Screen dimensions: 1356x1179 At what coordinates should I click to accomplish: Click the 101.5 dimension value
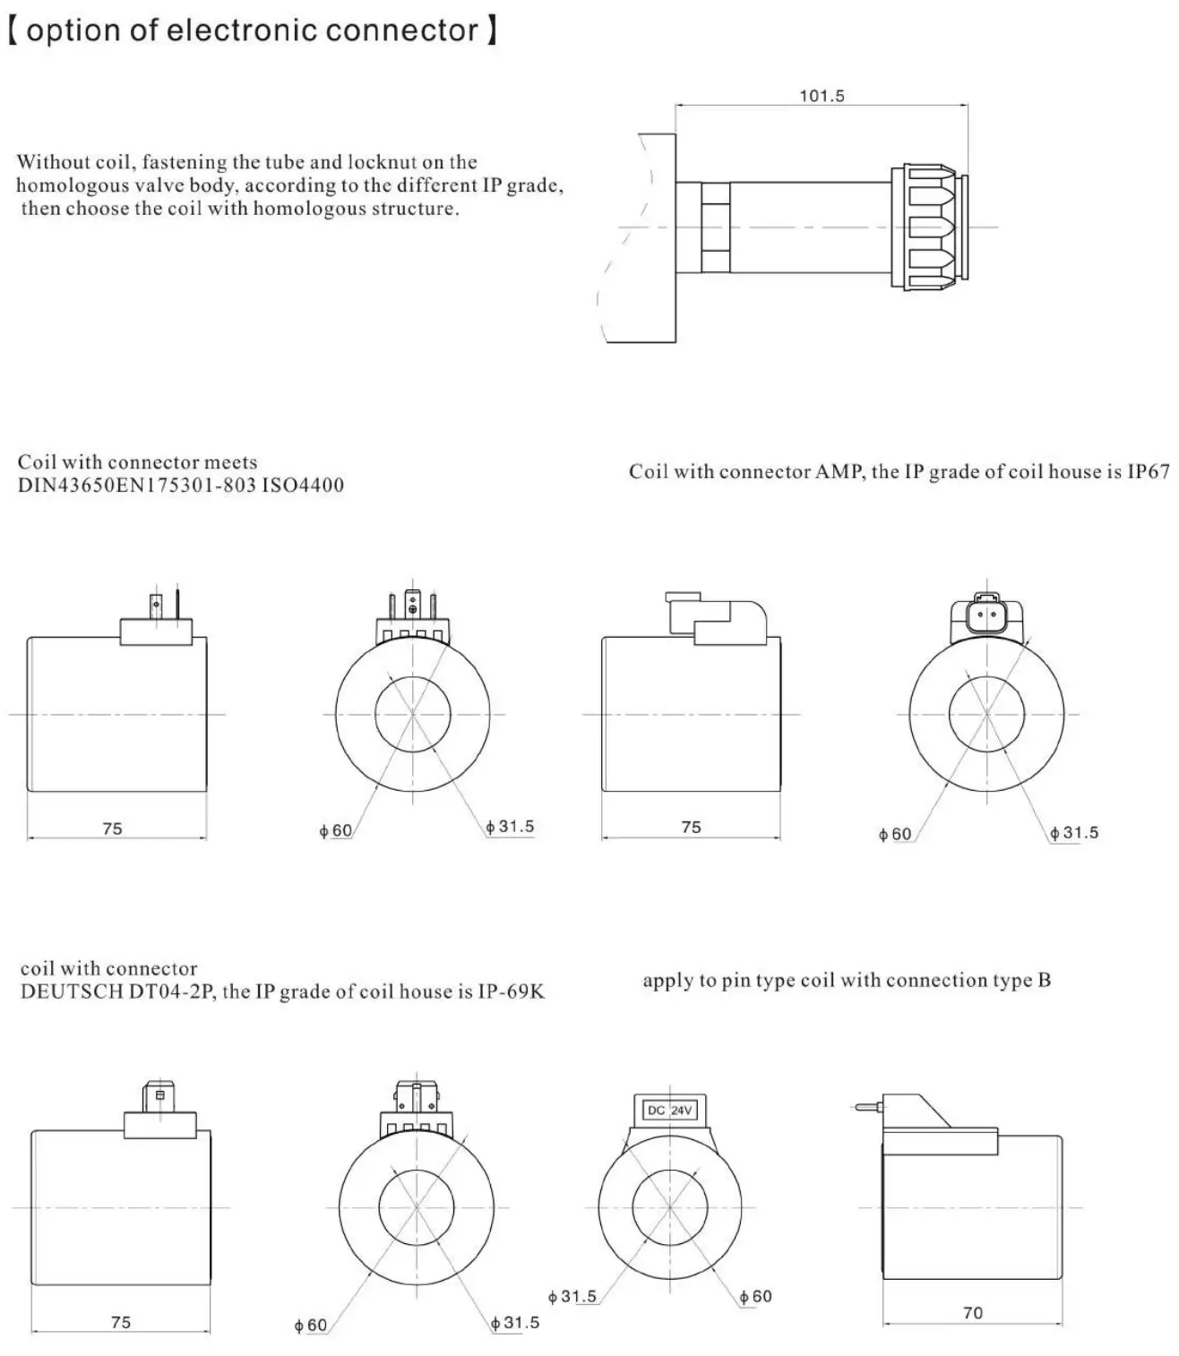(x=822, y=96)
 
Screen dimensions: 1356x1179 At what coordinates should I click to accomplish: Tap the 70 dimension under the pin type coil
(x=972, y=1313)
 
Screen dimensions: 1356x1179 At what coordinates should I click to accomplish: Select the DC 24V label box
(x=669, y=1111)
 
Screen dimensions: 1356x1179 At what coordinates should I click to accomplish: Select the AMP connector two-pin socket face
(x=985, y=615)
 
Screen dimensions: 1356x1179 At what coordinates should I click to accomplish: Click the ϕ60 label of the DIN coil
(x=336, y=831)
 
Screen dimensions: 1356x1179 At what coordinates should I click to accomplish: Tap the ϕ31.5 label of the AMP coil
(x=1074, y=833)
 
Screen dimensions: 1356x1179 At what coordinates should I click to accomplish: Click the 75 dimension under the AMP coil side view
(x=691, y=827)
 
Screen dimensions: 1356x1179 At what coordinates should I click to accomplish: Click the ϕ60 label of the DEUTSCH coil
(x=311, y=1326)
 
